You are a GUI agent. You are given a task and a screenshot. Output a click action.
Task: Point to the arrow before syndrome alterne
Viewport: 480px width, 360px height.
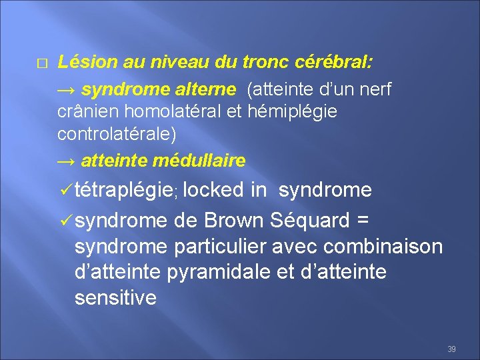67,89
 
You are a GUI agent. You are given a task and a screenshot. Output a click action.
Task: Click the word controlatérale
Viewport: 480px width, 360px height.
117,134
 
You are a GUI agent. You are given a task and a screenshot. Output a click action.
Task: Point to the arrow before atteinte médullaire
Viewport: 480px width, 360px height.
67,161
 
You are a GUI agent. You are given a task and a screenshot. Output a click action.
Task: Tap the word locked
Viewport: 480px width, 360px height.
213,190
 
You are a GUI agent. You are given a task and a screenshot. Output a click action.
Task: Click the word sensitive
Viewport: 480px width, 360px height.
115,298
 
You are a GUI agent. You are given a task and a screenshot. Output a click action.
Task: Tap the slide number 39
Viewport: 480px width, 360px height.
451,349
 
